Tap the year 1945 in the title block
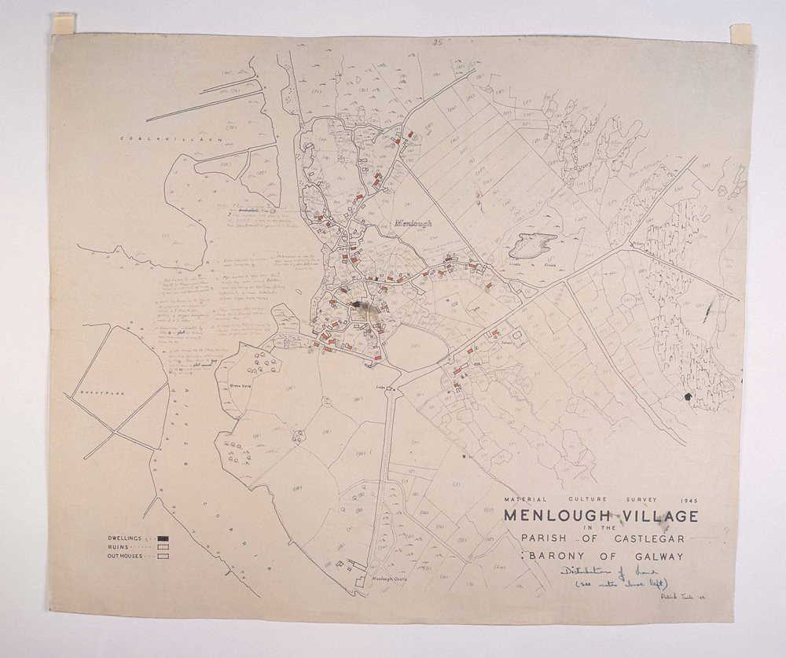(686, 500)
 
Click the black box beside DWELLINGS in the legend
(163, 539)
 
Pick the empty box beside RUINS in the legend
(163, 547)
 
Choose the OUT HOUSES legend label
(129, 556)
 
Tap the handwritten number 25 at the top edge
(438, 43)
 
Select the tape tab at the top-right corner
(740, 34)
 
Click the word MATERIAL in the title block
(522, 500)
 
